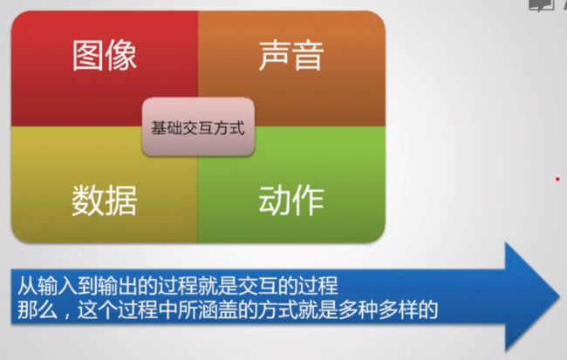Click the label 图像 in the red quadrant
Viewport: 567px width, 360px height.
[x=105, y=55]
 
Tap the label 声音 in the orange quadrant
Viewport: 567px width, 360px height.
[x=291, y=55]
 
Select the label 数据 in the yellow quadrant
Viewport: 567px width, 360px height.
[x=104, y=200]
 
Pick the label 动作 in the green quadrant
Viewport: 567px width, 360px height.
[x=291, y=200]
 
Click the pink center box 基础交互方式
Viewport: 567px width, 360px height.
[x=198, y=127]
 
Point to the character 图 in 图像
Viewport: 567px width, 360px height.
[x=88, y=55]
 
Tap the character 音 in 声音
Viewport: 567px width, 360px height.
[x=308, y=55]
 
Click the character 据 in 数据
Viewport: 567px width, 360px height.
[x=121, y=200]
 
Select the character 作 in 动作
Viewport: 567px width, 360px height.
[x=308, y=200]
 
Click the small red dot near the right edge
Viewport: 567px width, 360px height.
[x=557, y=179]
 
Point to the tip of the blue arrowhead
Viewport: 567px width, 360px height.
[x=560, y=296]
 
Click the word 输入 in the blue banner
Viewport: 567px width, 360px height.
[x=57, y=286]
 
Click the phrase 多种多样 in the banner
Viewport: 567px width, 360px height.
[x=379, y=309]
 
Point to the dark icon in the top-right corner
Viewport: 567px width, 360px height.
[x=542, y=5]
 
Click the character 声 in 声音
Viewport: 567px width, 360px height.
[x=275, y=55]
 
